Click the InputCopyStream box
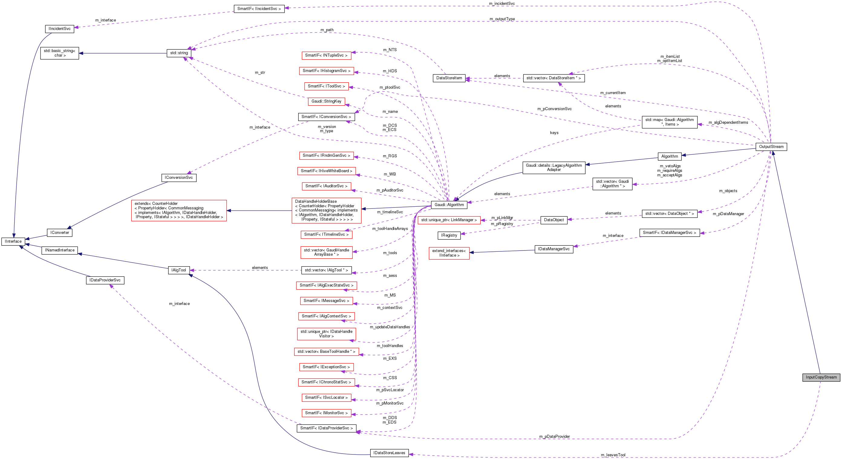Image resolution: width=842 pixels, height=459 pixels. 821,377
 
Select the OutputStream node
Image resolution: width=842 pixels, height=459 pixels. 771,147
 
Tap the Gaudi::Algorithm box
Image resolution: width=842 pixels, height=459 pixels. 449,205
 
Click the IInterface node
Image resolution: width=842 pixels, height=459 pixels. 13,241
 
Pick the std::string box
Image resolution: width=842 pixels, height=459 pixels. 179,53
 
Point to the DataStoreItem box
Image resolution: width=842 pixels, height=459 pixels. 449,78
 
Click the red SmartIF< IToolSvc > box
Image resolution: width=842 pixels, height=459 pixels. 326,86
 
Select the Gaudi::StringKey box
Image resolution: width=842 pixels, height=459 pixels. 326,101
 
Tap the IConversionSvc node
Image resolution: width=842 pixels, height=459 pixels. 178,178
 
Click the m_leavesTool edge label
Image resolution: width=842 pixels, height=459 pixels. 613,455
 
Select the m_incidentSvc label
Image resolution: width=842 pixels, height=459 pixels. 501,4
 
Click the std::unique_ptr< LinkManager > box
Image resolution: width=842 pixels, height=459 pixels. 449,220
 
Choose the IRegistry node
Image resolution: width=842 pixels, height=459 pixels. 449,235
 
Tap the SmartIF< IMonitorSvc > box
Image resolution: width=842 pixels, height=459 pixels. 326,413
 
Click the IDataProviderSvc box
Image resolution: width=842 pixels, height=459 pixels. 105,280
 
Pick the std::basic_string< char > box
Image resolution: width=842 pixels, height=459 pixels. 60,53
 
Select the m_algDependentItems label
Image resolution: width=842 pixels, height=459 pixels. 728,123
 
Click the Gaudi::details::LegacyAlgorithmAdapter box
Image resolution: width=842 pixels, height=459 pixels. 553,168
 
